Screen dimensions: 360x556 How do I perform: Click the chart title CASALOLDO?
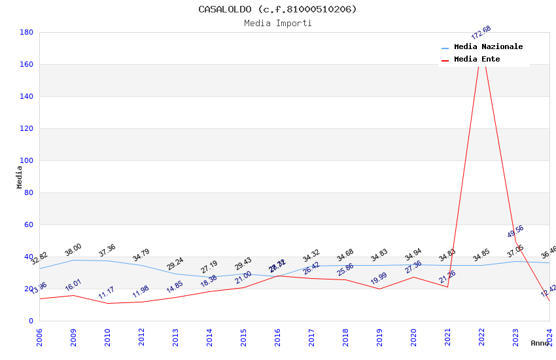(x=277, y=9)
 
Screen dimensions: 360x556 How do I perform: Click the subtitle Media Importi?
(x=277, y=24)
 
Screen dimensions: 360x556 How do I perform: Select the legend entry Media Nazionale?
(x=488, y=47)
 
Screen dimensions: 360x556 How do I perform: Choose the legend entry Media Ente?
(x=476, y=60)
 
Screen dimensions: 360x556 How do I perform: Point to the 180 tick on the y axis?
(x=27, y=32)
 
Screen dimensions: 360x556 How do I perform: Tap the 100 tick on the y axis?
(x=27, y=160)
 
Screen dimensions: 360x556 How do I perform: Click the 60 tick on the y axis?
(x=29, y=225)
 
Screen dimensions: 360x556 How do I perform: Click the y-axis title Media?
(x=20, y=177)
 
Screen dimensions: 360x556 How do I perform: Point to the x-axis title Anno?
(x=540, y=343)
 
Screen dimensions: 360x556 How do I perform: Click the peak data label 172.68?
(x=481, y=33)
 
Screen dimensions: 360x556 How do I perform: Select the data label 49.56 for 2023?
(x=515, y=232)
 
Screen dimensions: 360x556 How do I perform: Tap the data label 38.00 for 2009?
(x=73, y=250)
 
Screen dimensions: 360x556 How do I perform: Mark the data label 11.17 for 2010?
(x=107, y=293)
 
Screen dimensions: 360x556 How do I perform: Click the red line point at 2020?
(x=413, y=277)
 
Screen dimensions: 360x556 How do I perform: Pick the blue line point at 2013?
(x=175, y=274)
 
